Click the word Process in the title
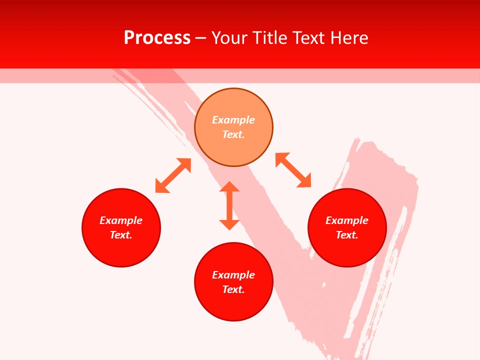click(157, 38)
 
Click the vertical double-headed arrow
click(229, 205)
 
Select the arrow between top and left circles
click(173, 175)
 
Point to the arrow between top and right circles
click(293, 170)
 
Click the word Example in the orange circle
click(233, 120)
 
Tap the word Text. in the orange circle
click(233, 134)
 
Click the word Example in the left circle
click(121, 220)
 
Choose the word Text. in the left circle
click(121, 235)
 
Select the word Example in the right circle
click(347, 220)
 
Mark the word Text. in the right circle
click(347, 235)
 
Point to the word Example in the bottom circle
click(233, 275)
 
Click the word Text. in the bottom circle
click(233, 289)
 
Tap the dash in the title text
click(201, 38)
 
